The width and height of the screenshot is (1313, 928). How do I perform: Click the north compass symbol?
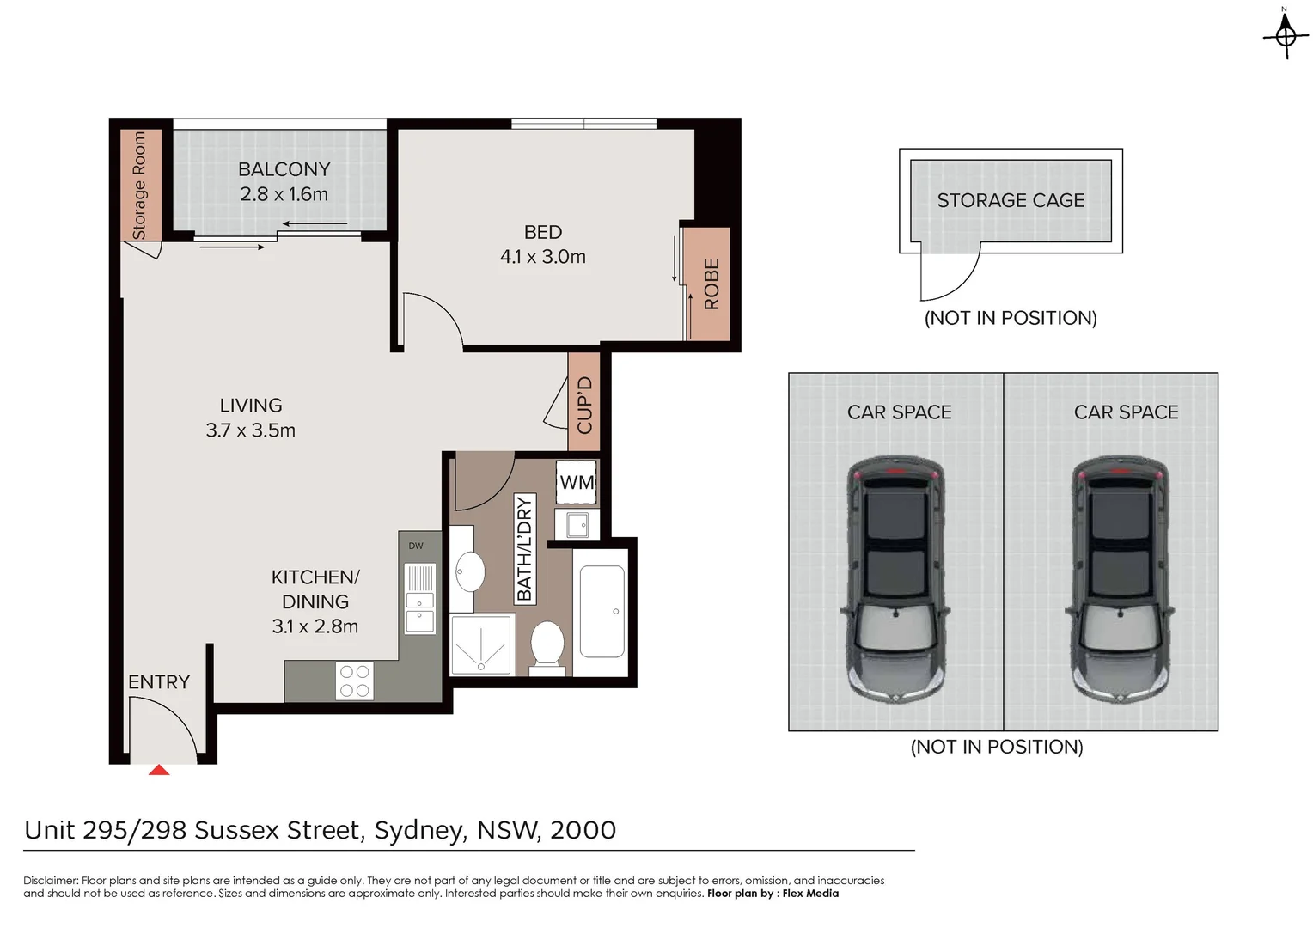pos(1286,34)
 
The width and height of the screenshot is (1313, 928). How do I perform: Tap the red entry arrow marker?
pos(159,770)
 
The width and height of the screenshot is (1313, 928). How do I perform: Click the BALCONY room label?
pos(284,169)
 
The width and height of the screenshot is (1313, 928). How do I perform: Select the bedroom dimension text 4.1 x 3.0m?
pos(542,257)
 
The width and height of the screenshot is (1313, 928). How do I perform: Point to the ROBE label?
pos(711,284)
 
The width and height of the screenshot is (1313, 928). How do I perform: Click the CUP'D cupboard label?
pos(584,405)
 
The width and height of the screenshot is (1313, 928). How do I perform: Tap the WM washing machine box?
pos(576,483)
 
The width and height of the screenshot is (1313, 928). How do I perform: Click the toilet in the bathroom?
pos(547,644)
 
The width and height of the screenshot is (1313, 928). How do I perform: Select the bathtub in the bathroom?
pos(602,611)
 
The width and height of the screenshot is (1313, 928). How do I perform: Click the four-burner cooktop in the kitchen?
pos(354,681)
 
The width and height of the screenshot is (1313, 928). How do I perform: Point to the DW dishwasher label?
pos(416,546)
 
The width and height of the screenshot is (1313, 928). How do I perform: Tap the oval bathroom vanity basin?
pos(469,571)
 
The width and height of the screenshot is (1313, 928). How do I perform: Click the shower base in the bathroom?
pos(481,644)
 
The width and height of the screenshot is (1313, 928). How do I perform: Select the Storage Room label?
pos(139,185)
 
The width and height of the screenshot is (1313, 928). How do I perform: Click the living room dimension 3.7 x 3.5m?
pos(250,430)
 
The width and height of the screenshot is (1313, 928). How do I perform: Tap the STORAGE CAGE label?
pos(1011,200)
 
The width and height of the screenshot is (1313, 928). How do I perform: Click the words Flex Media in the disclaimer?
pos(810,894)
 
